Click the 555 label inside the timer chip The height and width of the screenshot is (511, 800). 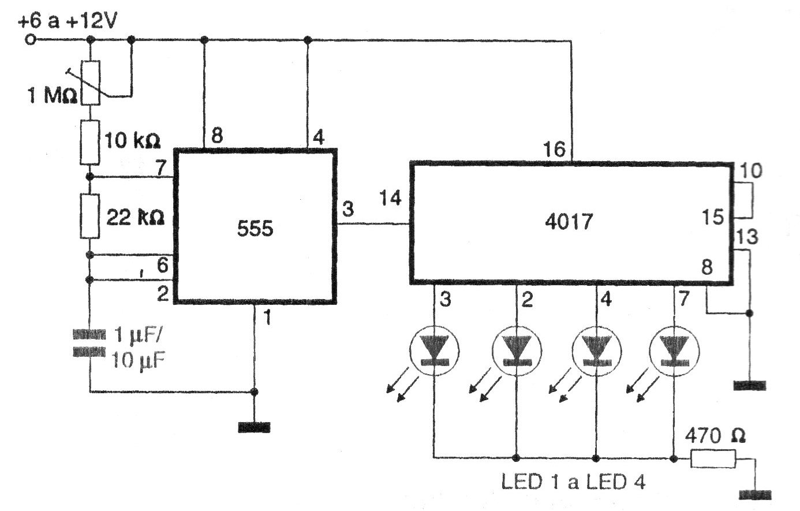(255, 229)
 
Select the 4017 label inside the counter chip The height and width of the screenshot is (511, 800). (569, 222)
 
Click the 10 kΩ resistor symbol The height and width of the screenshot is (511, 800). (89, 141)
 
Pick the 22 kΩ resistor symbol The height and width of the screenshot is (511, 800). (89, 216)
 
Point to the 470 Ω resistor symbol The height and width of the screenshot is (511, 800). (713, 460)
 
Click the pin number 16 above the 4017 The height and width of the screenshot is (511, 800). (554, 150)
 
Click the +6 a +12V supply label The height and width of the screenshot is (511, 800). (68, 22)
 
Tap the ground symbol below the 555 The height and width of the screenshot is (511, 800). (253, 427)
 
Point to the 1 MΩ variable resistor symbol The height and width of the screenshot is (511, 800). (89, 82)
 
